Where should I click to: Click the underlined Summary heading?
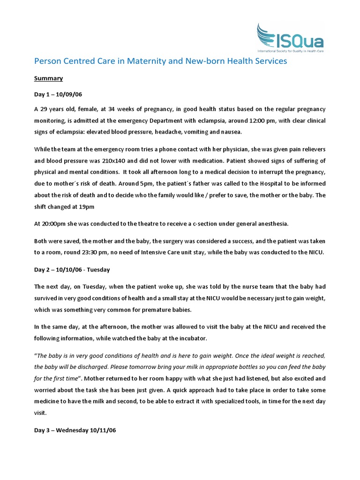(x=49, y=78)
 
